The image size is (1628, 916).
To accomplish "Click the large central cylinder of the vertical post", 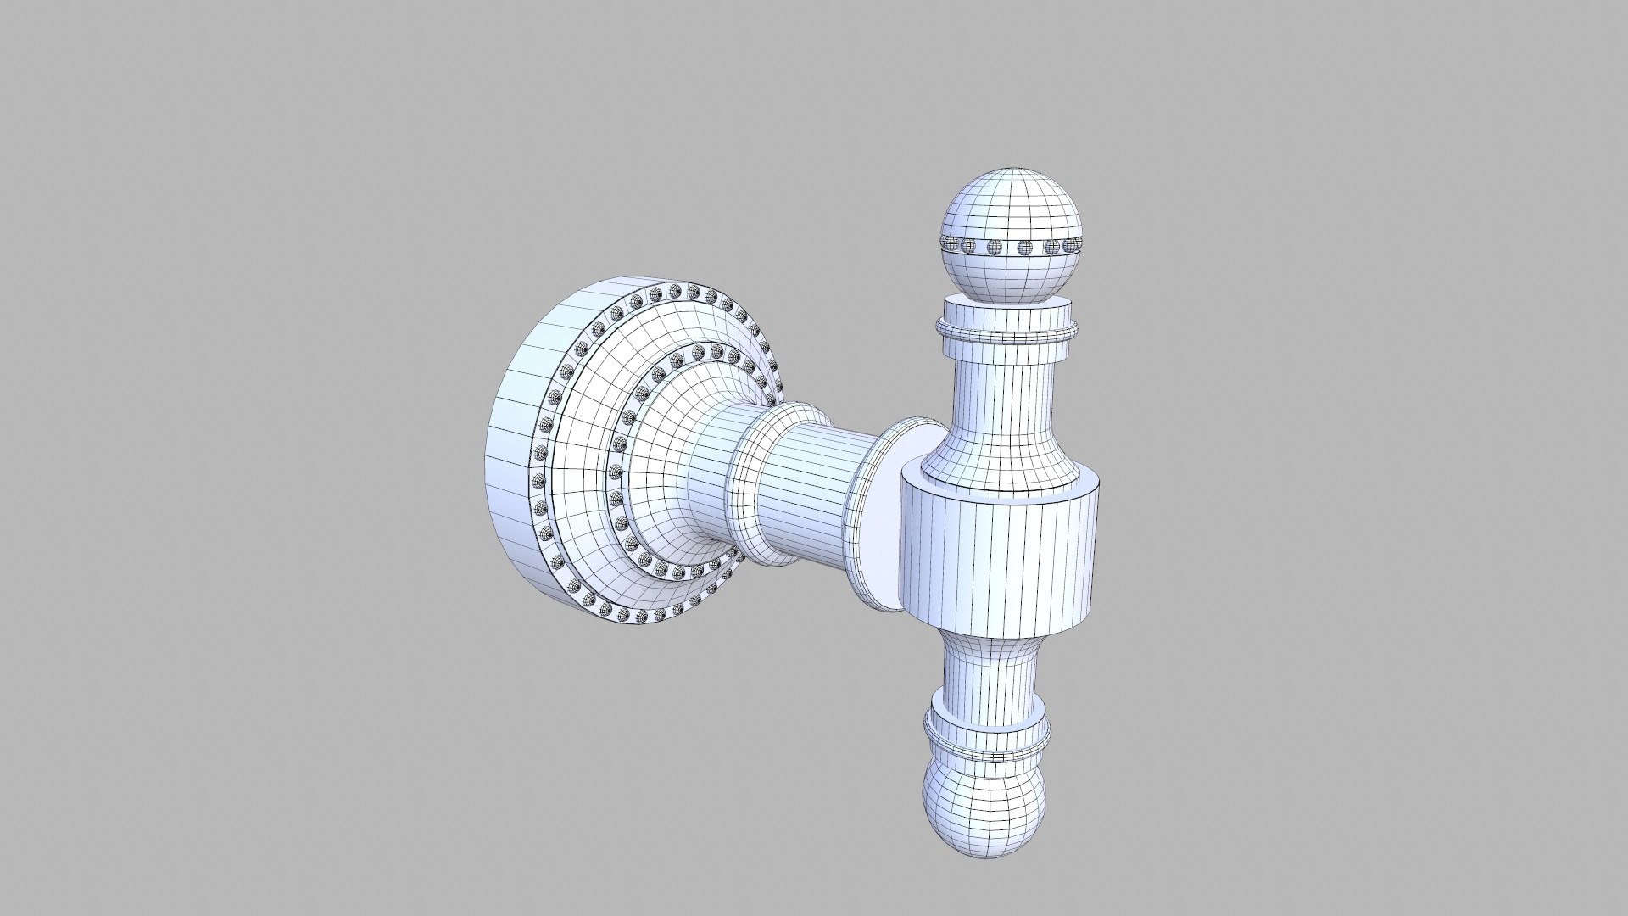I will (1001, 560).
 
